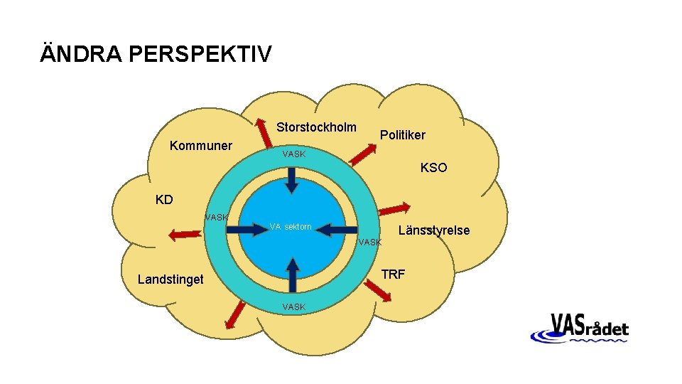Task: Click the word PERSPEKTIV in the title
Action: point(200,54)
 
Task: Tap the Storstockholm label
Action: point(316,127)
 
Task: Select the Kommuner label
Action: point(201,146)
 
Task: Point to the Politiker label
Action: point(403,134)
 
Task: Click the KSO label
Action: point(434,169)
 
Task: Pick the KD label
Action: point(164,199)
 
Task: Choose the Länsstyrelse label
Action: point(434,230)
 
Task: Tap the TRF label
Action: point(394,274)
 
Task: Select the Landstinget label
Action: point(170,279)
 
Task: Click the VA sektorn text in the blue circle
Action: point(291,227)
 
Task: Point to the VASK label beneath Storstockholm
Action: point(293,154)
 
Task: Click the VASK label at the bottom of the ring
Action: point(293,307)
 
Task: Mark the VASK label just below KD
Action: point(216,217)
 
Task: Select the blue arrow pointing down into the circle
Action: point(291,179)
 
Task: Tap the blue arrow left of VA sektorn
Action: point(248,228)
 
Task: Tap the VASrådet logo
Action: point(579,329)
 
